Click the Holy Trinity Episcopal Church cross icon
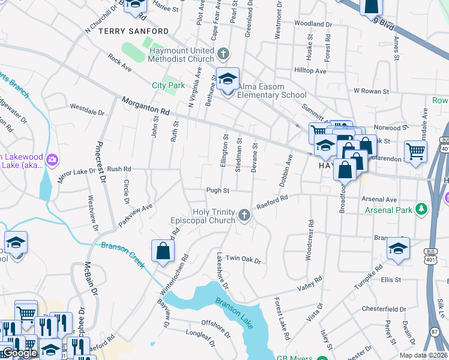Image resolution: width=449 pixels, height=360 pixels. tap(244, 215)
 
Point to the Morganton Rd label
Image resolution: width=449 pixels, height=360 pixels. tap(146, 107)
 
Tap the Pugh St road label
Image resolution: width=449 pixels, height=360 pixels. tap(218, 191)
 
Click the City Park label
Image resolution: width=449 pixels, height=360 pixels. tap(168, 85)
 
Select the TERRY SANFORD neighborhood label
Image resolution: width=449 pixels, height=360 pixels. tap(134, 31)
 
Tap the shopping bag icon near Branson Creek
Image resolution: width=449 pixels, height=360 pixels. tap(163, 251)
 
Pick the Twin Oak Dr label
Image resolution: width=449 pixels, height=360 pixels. tap(243, 259)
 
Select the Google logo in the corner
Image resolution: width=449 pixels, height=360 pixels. tap(20, 352)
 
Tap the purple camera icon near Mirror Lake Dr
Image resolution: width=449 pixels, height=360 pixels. tap(52, 159)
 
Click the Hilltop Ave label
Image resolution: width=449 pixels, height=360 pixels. tap(310, 71)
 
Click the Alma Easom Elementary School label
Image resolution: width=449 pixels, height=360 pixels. tap(273, 91)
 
